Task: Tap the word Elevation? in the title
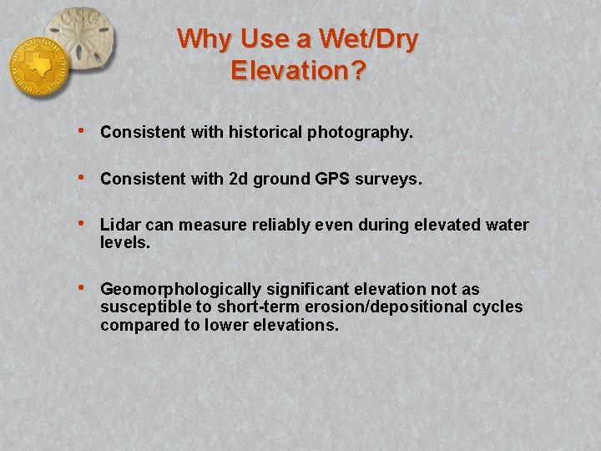tap(298, 70)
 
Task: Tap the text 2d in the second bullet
tap(239, 179)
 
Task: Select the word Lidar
tap(119, 225)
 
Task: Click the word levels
tap(125, 242)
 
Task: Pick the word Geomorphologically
tap(180, 290)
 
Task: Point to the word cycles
tap(499, 307)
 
